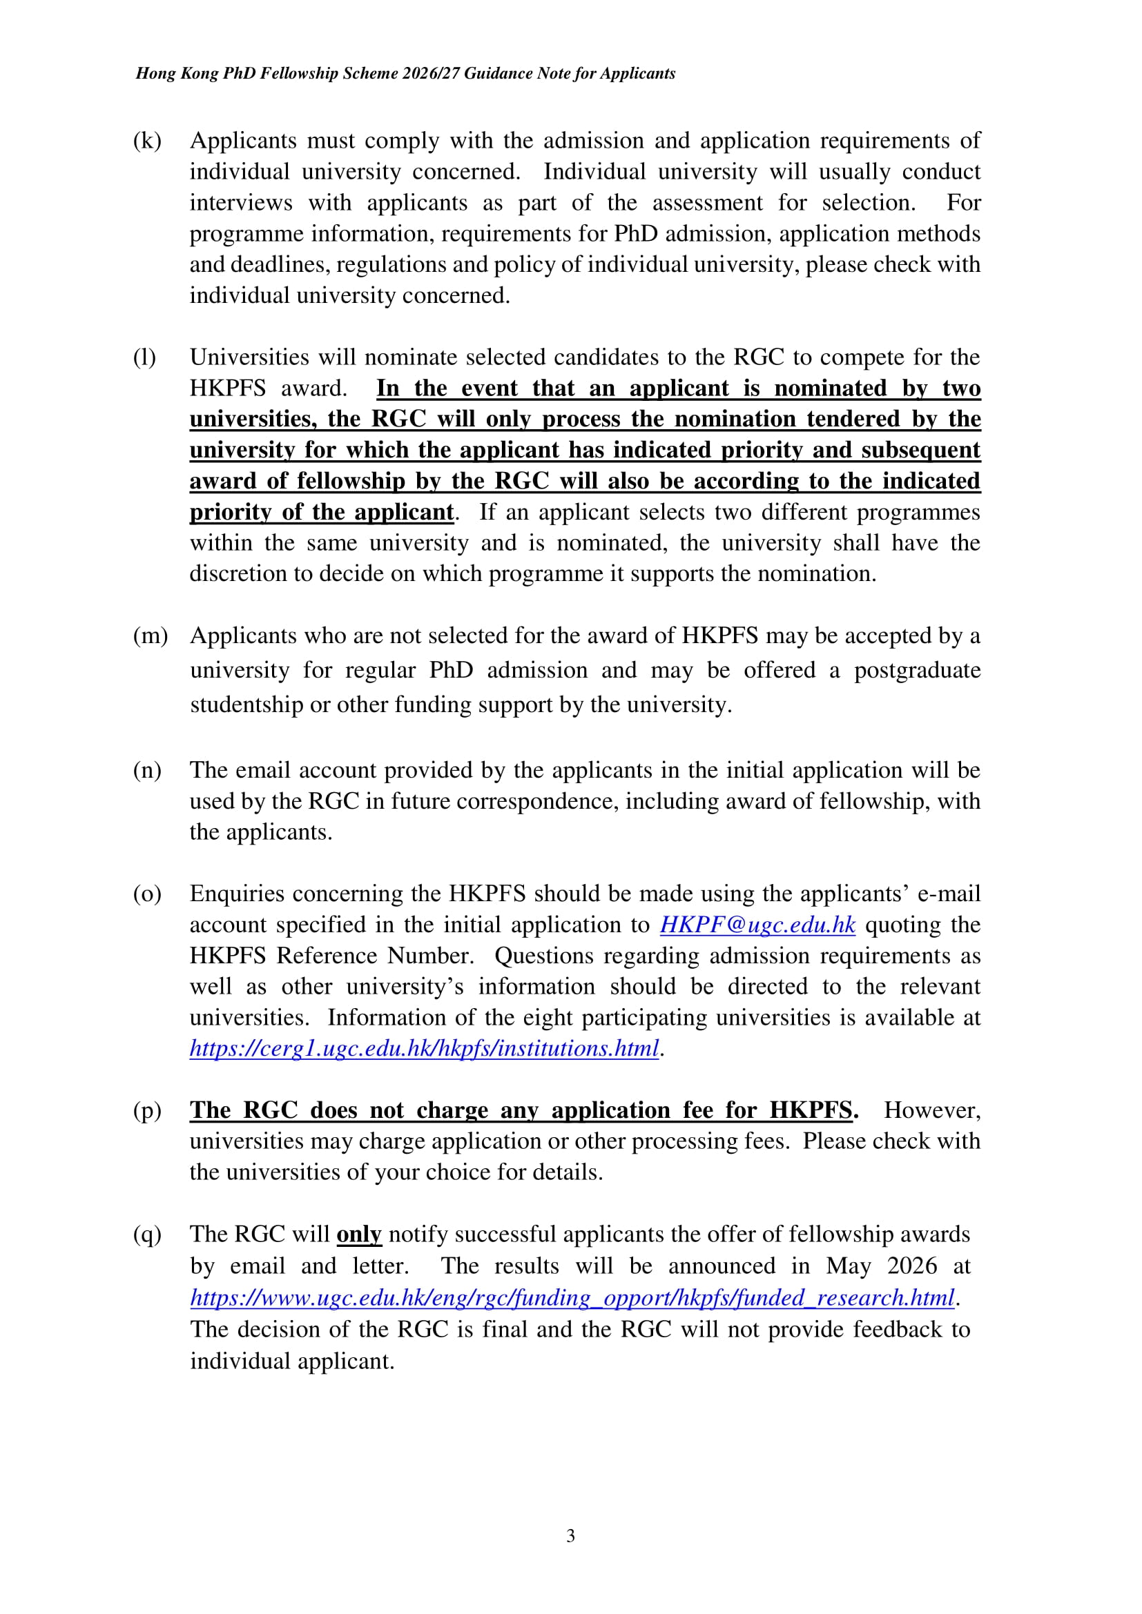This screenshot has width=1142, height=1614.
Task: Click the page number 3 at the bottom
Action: [x=570, y=1536]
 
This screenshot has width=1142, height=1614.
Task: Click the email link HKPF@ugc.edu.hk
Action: [x=757, y=925]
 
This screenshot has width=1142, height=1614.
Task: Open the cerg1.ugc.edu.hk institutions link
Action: [x=424, y=1049]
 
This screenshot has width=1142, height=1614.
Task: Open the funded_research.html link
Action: [x=572, y=1298]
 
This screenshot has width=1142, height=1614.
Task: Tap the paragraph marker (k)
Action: [x=147, y=141]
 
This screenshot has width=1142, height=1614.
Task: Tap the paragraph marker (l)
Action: [x=145, y=357]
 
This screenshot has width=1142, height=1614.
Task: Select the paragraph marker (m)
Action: [x=151, y=636]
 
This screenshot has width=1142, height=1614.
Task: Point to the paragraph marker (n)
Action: [x=147, y=771]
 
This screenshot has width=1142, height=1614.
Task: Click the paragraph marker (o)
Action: [x=147, y=894]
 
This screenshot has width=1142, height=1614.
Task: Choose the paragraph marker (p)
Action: [x=147, y=1111]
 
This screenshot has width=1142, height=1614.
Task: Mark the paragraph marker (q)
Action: [x=147, y=1234]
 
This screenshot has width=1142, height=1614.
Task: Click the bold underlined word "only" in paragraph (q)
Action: [x=358, y=1234]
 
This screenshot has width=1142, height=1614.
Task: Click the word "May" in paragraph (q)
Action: [x=849, y=1266]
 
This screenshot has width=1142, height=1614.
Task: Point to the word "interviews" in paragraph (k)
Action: [x=240, y=202]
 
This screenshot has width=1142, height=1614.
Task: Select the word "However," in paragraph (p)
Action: [x=931, y=1111]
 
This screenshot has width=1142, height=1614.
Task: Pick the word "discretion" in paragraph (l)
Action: [x=238, y=573]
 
